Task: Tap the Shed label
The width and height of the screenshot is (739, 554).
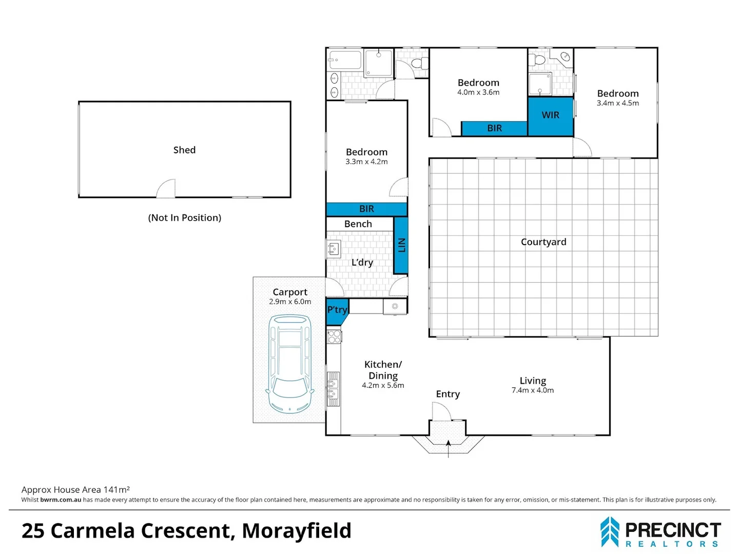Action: (x=184, y=150)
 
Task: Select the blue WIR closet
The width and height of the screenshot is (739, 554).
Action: (x=551, y=116)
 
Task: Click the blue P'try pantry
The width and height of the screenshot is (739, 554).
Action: (x=336, y=311)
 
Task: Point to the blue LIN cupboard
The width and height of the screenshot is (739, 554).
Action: (x=401, y=245)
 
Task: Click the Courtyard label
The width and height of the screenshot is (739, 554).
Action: (x=543, y=242)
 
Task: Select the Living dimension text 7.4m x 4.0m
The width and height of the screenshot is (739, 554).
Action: (x=533, y=390)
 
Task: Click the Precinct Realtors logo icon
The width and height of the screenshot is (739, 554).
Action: (x=610, y=532)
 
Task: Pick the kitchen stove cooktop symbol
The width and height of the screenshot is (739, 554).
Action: (x=334, y=337)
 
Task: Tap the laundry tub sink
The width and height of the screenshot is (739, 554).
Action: (x=333, y=249)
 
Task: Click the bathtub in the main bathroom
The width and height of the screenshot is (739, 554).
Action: (x=345, y=60)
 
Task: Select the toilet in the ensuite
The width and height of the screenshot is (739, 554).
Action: (x=539, y=60)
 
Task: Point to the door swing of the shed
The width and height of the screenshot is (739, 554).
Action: (x=166, y=189)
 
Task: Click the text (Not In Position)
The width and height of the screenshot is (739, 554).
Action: (x=184, y=217)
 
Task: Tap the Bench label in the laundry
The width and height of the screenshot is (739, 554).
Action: (x=358, y=224)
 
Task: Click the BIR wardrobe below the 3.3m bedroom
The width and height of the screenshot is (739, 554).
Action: (x=366, y=209)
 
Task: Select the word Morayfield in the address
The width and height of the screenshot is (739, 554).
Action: (x=297, y=531)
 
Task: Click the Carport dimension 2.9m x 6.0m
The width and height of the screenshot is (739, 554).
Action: (x=290, y=302)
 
